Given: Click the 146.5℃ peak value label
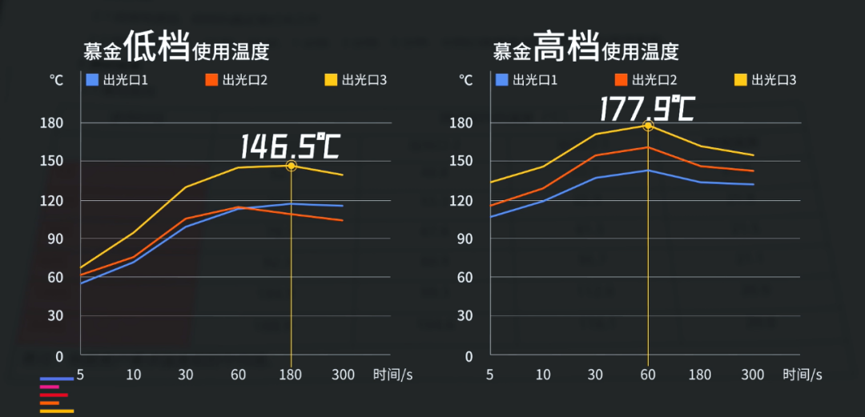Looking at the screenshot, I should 291,146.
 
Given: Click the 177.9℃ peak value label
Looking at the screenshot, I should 647,108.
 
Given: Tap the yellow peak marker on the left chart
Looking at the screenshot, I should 291,166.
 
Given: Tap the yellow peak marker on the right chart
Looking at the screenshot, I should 648,126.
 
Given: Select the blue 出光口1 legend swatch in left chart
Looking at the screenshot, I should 92,79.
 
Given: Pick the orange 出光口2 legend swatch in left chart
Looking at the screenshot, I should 211,79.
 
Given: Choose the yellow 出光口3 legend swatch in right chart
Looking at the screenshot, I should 741,79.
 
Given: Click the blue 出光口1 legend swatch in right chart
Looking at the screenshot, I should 502,79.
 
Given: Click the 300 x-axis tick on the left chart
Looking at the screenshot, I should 342,374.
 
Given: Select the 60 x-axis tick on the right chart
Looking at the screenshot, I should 647,374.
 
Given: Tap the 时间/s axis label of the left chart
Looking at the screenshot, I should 392,374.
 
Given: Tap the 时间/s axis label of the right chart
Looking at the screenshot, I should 803,374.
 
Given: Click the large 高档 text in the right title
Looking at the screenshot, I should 566,46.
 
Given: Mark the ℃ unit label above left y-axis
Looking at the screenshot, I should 56,79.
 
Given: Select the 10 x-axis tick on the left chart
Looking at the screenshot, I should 133,374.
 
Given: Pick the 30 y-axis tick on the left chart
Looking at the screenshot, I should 57,315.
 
